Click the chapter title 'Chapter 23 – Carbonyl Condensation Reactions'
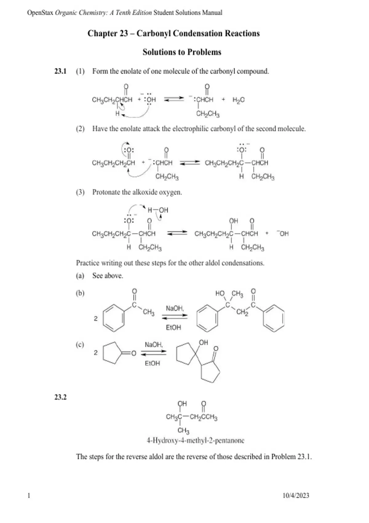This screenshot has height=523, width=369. pos(173,33)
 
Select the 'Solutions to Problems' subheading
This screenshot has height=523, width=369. pos(182,52)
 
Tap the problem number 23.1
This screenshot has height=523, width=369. pos(61,71)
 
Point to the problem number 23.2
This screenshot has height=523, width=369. pos(61,397)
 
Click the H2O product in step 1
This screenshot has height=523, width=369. pos(238,100)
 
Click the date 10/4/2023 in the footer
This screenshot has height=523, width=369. pos(296,495)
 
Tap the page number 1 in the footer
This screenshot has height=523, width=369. pos(29,495)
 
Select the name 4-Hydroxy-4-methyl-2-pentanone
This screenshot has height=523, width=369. pos(196,441)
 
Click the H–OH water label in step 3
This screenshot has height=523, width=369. pos(158,210)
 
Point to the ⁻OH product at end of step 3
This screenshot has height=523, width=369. pos(283,234)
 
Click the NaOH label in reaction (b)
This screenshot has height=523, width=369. pos(175,308)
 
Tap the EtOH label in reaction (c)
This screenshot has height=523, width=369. pos(153,363)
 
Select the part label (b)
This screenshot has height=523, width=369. pos(80,293)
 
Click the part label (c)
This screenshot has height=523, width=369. pos(80,345)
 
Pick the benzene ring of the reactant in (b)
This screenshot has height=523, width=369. pos(114,318)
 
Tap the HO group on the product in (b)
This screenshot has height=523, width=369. pos(220,293)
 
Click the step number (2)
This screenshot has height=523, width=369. pos(80,129)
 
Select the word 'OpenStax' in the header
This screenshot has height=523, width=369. pos(40,13)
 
